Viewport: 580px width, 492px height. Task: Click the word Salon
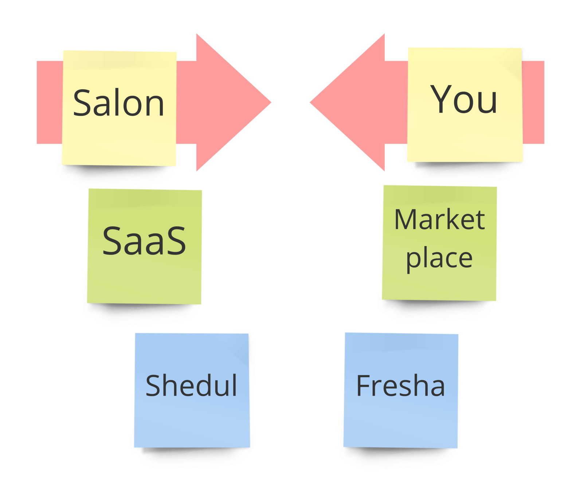[x=118, y=104]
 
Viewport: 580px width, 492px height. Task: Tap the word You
[x=463, y=99]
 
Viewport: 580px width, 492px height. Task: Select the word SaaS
[x=144, y=241]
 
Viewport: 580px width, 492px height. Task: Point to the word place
[x=439, y=259]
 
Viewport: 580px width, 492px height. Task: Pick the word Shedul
[x=191, y=385]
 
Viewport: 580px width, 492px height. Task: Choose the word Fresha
[x=400, y=385]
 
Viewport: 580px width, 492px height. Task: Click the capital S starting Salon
[x=81, y=104]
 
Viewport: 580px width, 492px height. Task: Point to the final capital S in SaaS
[x=176, y=241]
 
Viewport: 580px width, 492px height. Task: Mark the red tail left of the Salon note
[x=50, y=102]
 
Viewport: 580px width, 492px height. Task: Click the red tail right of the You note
[x=533, y=102]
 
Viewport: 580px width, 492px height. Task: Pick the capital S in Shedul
[x=153, y=385]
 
